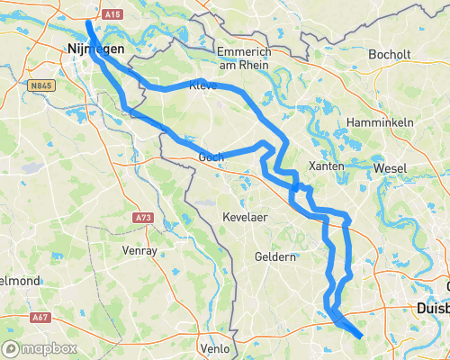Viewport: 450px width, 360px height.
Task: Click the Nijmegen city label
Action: click(x=94, y=49)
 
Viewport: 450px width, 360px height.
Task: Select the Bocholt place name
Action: click(x=390, y=55)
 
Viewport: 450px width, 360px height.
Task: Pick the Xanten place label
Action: click(x=325, y=167)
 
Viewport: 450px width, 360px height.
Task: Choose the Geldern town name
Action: click(x=276, y=256)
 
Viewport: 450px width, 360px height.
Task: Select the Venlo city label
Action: click(x=216, y=347)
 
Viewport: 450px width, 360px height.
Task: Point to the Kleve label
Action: click(x=203, y=86)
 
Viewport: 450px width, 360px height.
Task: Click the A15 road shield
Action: click(x=112, y=15)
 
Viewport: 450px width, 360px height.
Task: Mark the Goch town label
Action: click(x=211, y=156)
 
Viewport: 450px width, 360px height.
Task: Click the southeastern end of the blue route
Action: click(x=360, y=337)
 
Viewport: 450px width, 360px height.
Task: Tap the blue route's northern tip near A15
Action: click(x=88, y=22)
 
